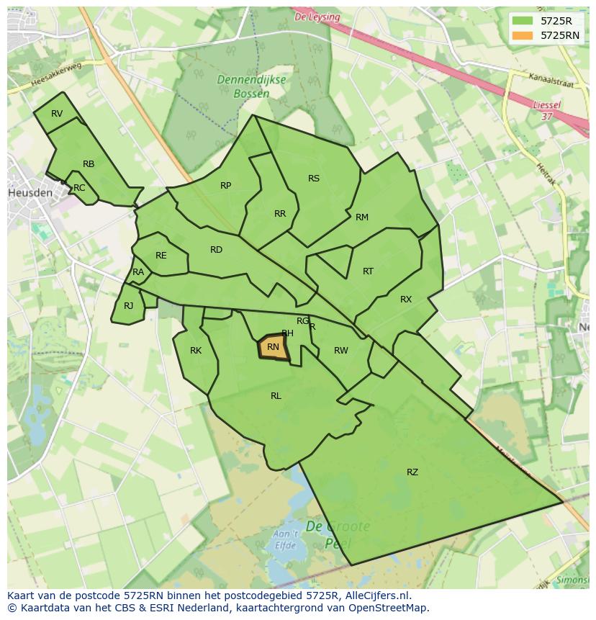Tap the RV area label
57,114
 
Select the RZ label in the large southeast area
412,472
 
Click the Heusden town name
30,193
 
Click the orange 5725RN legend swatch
523,35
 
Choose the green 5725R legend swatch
523,21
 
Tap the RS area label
314,179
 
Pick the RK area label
196,351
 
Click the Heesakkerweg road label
58,75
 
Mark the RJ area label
128,306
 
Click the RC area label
79,188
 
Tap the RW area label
341,351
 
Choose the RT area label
369,271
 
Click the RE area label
161,256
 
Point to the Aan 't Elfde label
286,539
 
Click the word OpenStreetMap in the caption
389,608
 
